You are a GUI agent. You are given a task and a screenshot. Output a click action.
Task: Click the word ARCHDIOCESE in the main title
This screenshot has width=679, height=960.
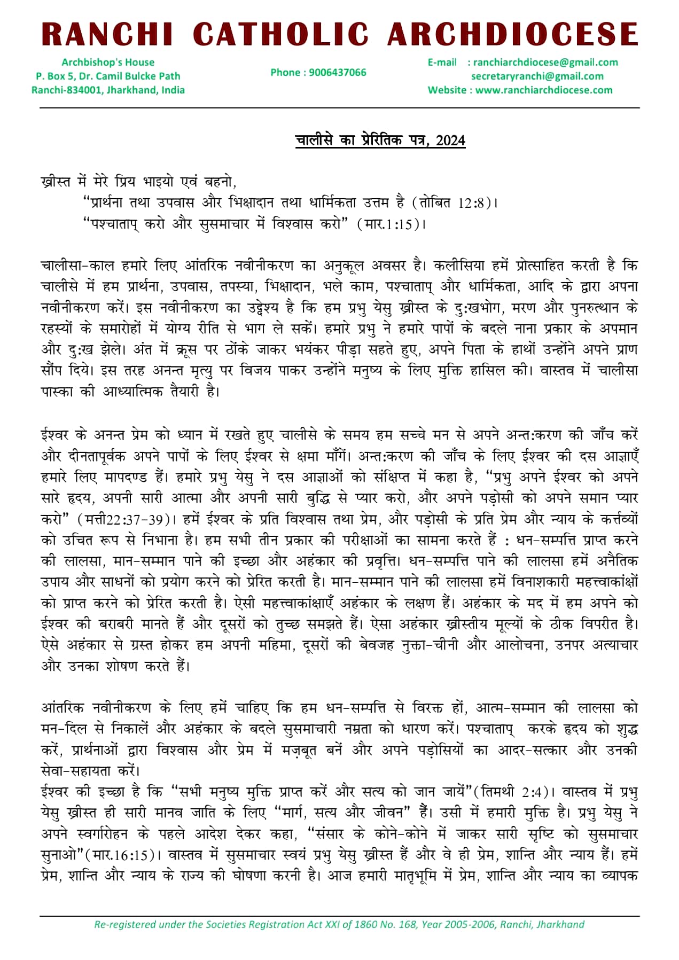coord(513,35)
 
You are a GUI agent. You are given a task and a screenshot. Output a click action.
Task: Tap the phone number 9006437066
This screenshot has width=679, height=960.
coord(338,73)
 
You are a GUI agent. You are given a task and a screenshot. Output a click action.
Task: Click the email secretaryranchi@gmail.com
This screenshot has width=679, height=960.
coord(537,76)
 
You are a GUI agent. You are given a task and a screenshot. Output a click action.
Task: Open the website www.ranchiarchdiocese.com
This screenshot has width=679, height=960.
coord(544,90)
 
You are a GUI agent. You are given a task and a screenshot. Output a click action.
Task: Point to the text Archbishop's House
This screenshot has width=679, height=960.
coord(108,63)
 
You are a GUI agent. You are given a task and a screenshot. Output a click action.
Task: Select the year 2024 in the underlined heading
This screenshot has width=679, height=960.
coord(450,141)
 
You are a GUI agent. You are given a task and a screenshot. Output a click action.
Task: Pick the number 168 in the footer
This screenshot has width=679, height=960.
coord(408,925)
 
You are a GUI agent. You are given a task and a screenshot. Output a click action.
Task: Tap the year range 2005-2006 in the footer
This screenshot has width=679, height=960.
coord(469,925)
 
